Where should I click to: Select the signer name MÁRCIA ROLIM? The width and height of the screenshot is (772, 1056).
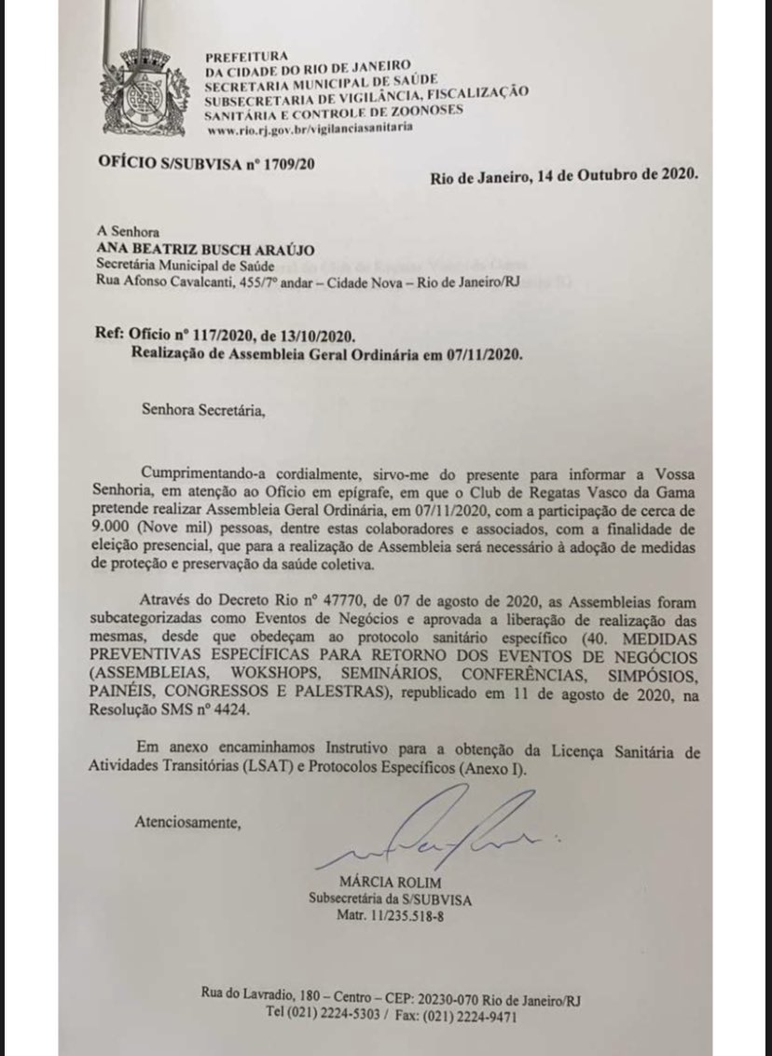pyautogui.click(x=391, y=882)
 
